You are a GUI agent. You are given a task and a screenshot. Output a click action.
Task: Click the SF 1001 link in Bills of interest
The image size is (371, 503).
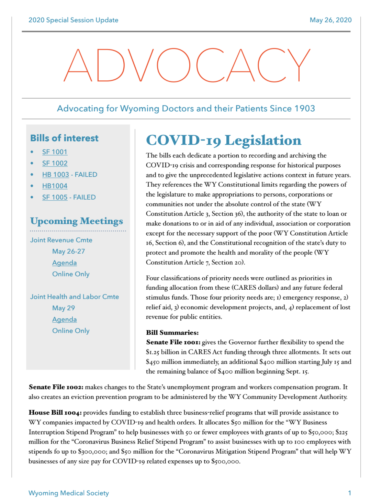point(55,152)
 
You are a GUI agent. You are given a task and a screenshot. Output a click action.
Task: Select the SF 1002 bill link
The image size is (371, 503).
point(55,163)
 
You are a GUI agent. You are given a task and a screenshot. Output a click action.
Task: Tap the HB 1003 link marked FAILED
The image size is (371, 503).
point(56,175)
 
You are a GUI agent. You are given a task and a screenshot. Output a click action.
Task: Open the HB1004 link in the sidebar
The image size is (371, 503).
point(55,186)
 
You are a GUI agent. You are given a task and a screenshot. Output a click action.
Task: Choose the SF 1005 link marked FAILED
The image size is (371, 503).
point(55,197)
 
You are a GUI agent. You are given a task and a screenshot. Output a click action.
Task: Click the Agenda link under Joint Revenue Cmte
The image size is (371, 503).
point(64,263)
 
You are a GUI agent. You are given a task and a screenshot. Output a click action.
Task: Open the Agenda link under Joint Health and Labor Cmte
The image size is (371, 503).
point(64,320)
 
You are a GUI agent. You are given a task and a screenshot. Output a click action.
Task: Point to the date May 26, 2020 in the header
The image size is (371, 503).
point(330,20)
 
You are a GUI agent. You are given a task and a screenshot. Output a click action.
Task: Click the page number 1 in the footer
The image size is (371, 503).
point(349,493)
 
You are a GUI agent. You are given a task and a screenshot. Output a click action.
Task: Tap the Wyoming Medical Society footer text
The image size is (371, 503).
point(69,493)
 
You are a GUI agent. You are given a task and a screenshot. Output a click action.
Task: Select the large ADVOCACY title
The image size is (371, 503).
point(187,65)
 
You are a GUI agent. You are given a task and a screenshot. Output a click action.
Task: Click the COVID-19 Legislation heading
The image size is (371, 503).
point(224,140)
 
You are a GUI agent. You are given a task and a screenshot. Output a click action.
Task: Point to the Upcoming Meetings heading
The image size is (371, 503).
point(77,221)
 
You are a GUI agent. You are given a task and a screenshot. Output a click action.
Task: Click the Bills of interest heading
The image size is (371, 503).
point(64,138)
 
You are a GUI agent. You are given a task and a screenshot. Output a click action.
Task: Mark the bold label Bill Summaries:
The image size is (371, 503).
point(172,333)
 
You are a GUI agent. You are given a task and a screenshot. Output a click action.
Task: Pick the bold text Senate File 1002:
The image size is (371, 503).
point(56,387)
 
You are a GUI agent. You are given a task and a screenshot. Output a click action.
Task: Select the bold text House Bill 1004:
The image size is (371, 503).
point(55,412)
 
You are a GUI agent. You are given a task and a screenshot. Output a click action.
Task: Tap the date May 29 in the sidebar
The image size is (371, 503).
point(64,308)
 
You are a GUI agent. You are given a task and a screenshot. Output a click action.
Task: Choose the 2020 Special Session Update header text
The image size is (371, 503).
point(73,20)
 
